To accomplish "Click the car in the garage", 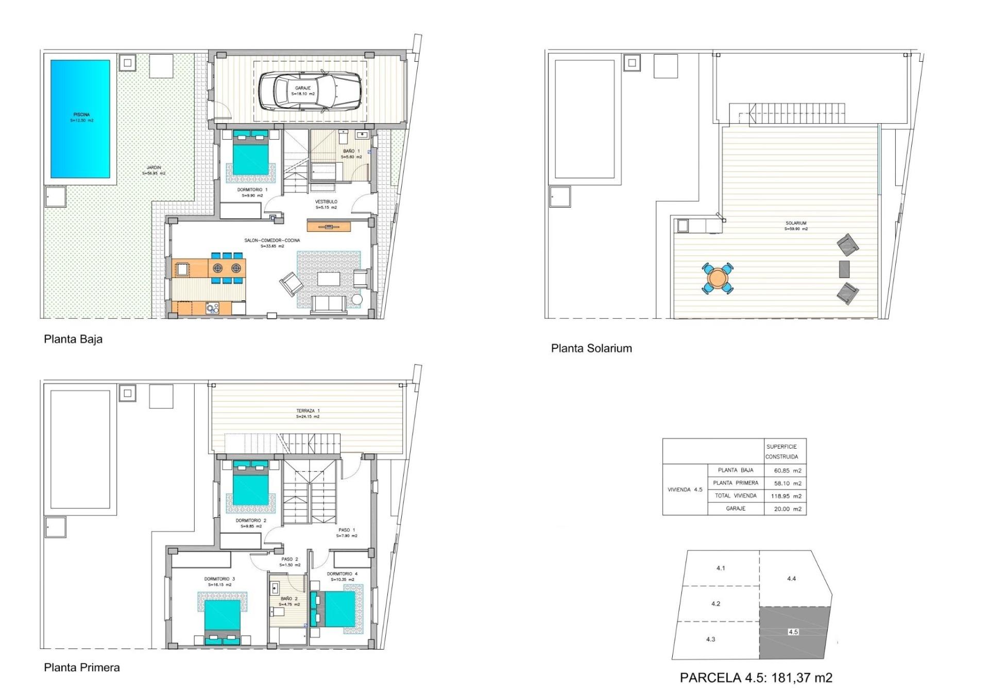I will pos(310,91).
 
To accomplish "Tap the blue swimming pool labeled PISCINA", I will pos(80,118).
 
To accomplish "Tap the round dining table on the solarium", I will pos(717,279).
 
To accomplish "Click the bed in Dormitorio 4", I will pos(336,609).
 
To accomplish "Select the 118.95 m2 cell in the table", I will pos(787,496).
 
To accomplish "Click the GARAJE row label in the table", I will pos(735,508).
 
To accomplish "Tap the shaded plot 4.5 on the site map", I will pos(793,632).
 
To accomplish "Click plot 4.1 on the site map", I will pos(720,568).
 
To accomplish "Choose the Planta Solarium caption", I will pos(591,348).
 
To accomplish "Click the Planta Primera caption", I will pos(81,668).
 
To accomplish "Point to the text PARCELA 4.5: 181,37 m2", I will pos(756,678).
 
